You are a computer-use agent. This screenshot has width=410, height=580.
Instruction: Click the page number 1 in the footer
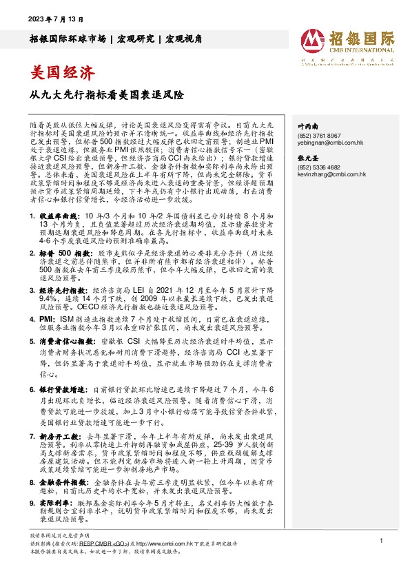click(x=381, y=542)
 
